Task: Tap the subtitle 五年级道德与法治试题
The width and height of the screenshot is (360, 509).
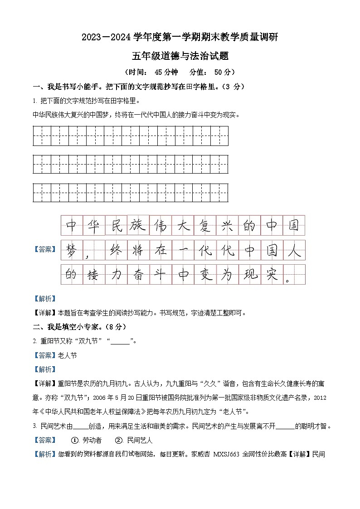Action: tap(180, 56)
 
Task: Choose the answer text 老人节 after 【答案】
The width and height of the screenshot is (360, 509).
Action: tap(68, 355)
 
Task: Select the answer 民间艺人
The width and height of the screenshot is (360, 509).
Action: tap(140, 440)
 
